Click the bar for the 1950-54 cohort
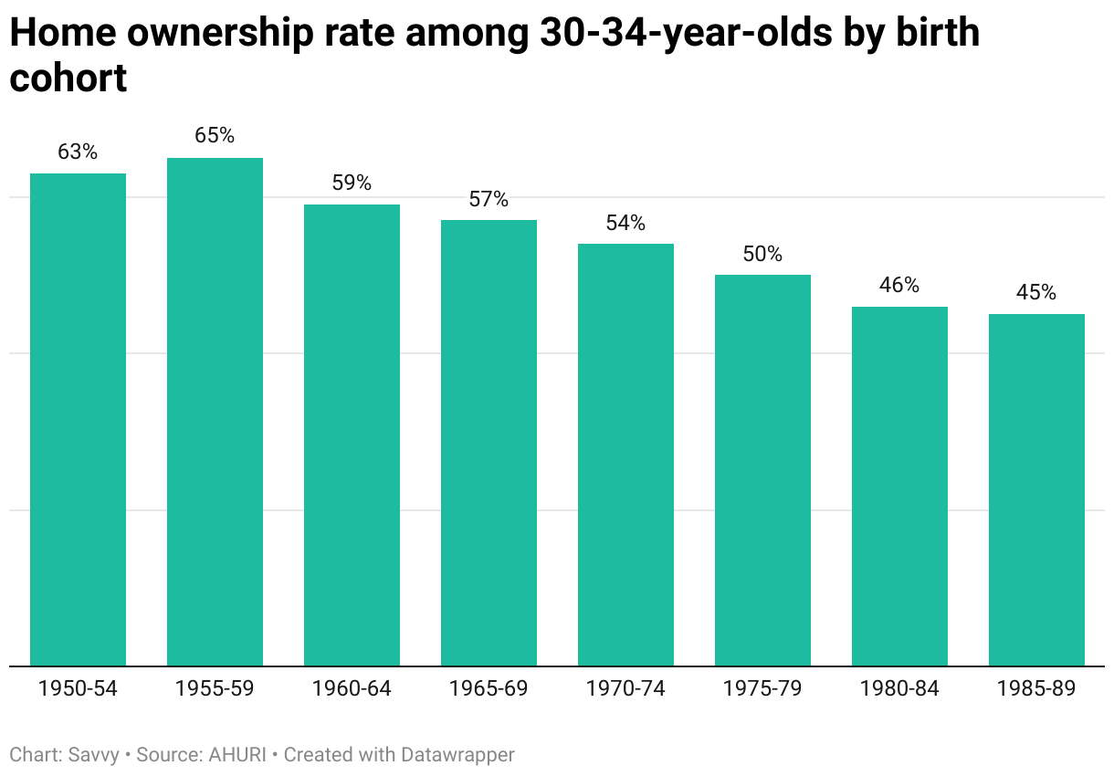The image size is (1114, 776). (78, 420)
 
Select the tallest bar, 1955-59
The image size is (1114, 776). (215, 412)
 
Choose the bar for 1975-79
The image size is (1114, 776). (762, 470)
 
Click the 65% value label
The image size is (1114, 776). (215, 136)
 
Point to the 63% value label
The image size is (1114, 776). (78, 152)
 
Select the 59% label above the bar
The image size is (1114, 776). (352, 183)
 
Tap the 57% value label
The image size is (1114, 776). (489, 199)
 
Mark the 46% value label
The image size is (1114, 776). (899, 285)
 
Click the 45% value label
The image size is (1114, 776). (1036, 293)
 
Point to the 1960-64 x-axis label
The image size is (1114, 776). (352, 689)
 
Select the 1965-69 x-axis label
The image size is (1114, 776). (489, 689)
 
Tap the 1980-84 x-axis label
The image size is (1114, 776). (899, 689)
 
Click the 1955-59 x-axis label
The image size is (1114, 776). (215, 689)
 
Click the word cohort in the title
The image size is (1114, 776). (68, 79)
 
